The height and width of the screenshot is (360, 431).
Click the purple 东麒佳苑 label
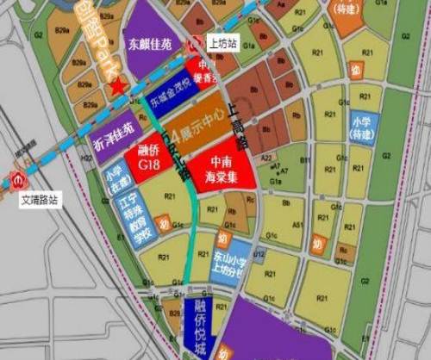click(152, 41)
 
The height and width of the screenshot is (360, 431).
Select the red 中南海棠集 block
click(224, 169)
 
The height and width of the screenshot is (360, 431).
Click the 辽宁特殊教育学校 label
click(134, 214)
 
